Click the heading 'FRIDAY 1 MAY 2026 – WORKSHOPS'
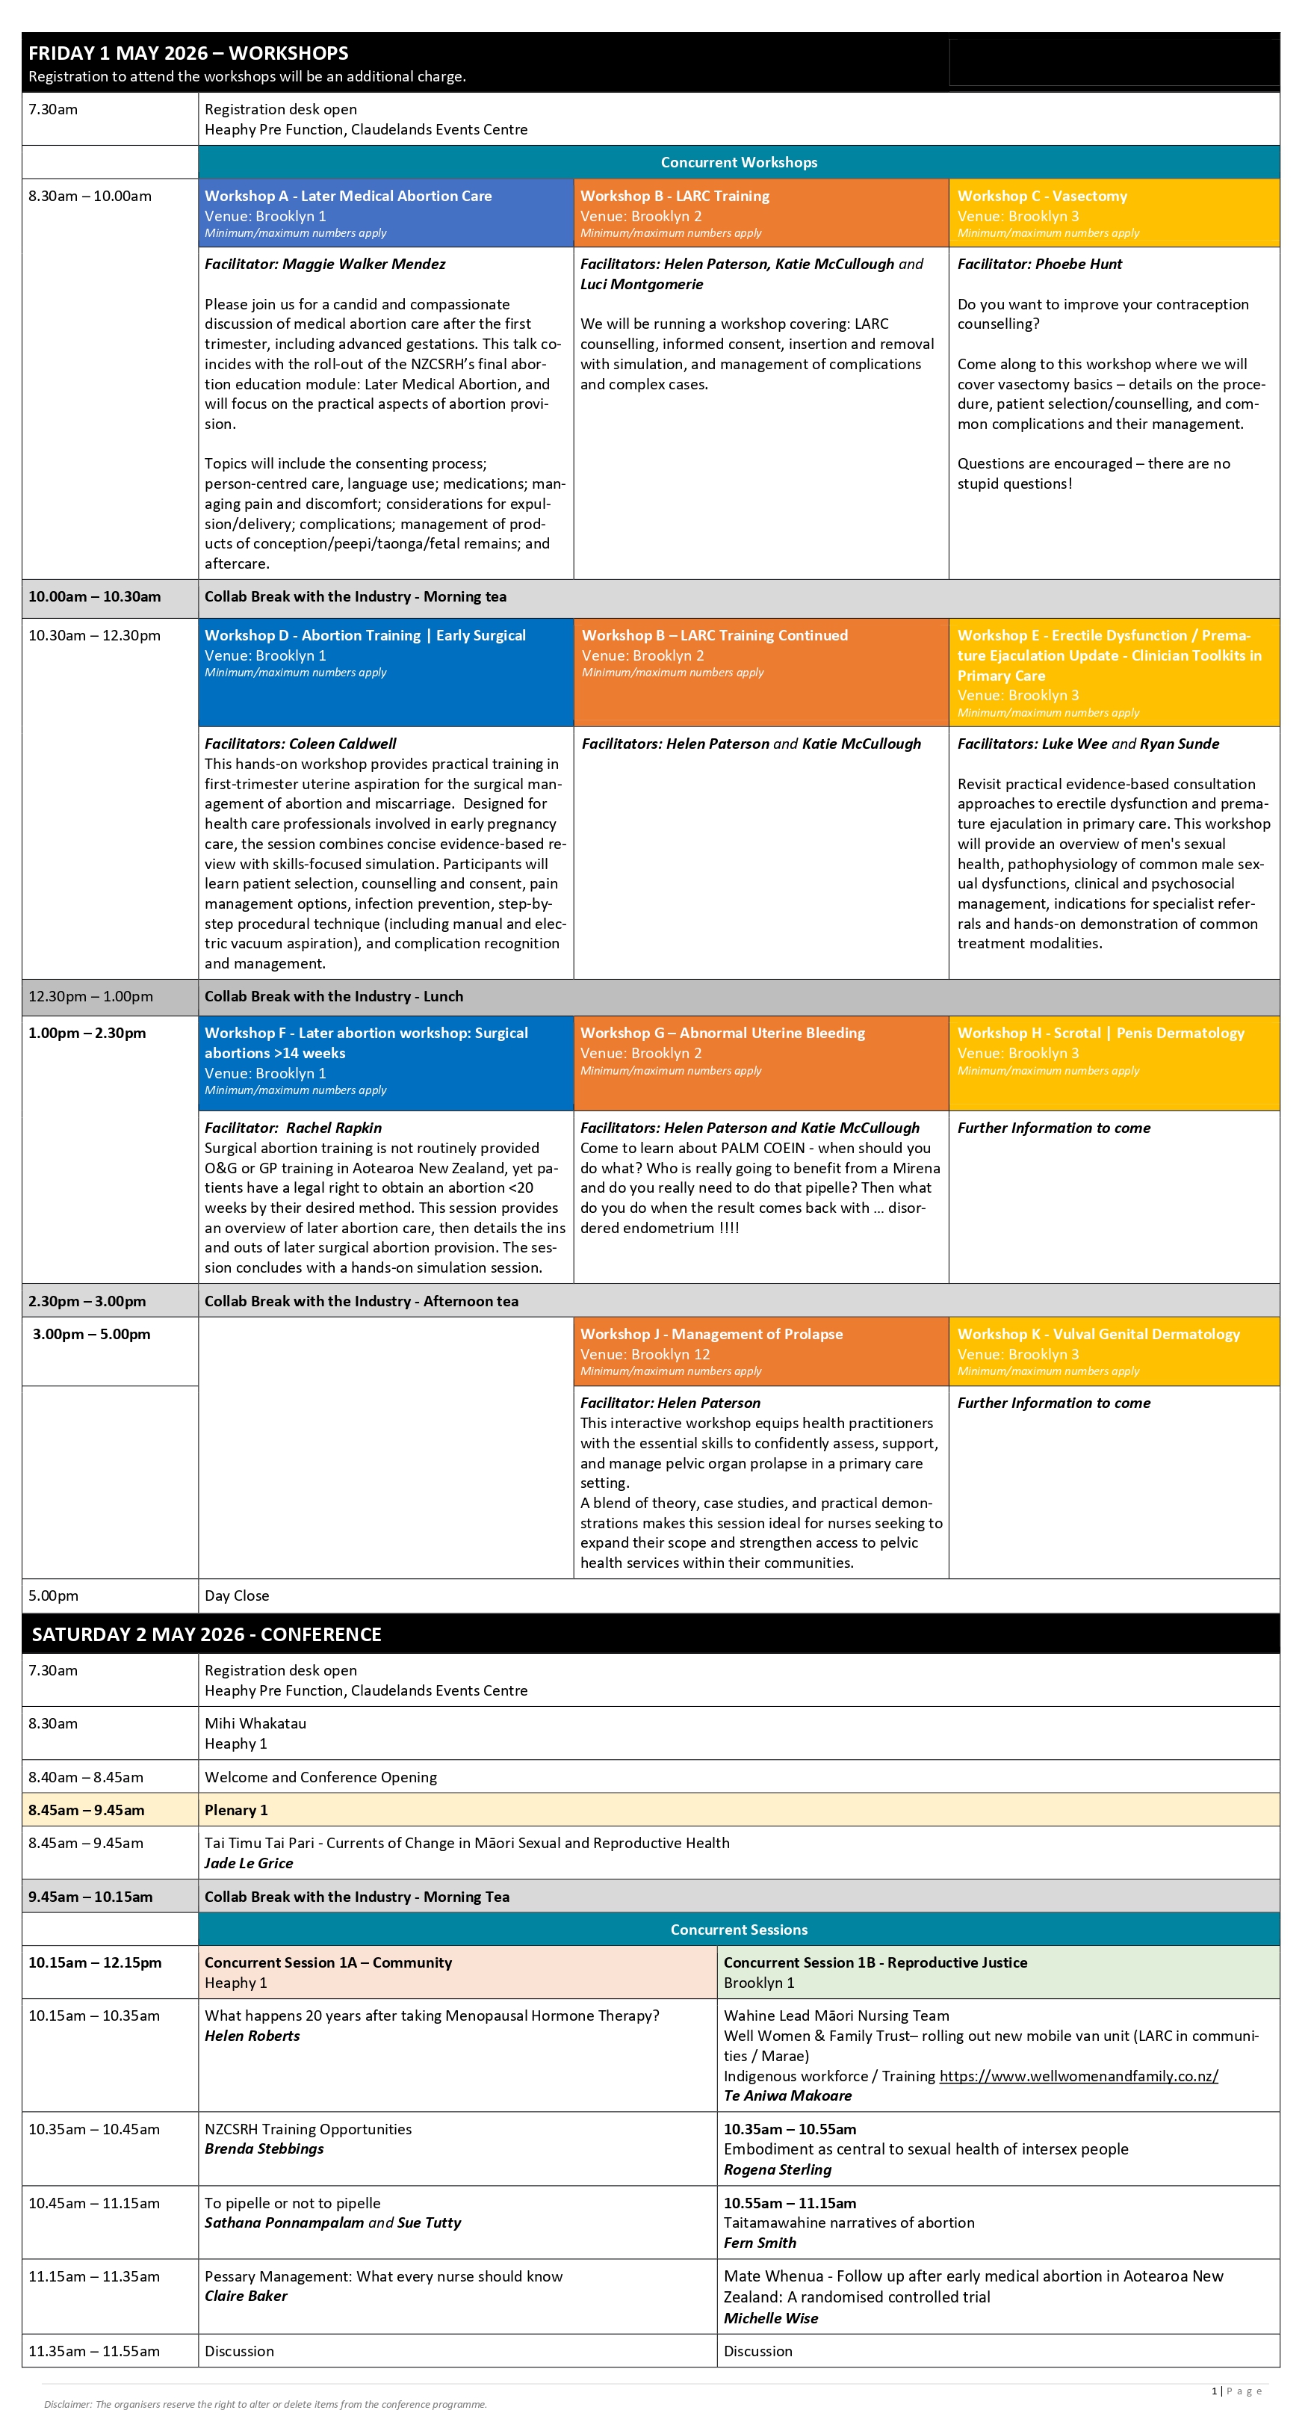pyautogui.click(x=188, y=54)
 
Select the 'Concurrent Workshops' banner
pyautogui.click(x=738, y=162)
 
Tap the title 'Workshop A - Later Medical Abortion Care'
pyautogui.click(x=348, y=196)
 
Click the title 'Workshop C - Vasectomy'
pyautogui.click(x=1041, y=196)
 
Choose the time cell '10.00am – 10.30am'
pyautogui.click(x=94, y=596)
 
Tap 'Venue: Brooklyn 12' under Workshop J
pyautogui.click(x=645, y=1354)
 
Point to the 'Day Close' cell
pyautogui.click(x=237, y=1596)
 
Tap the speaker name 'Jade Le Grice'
pyautogui.click(x=249, y=1864)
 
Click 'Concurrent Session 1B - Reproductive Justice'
pyautogui.click(x=875, y=1962)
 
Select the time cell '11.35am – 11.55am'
pyautogui.click(x=94, y=2351)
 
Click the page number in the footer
pyautogui.click(x=1215, y=2391)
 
